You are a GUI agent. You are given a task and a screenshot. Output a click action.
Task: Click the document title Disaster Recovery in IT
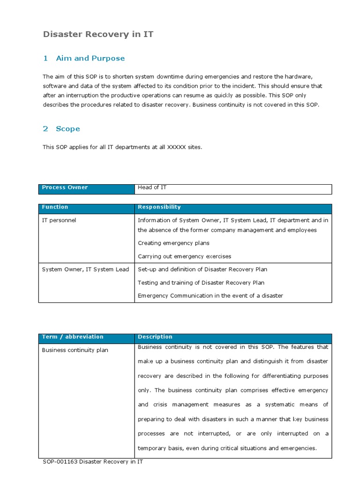tap(98, 34)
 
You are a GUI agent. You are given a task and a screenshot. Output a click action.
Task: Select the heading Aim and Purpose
tap(90, 58)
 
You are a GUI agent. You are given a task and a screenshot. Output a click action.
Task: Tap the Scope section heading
tap(68, 128)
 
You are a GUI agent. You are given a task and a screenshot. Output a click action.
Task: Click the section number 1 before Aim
tap(45, 58)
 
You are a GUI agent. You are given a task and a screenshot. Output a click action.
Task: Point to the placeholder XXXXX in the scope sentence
tap(176, 147)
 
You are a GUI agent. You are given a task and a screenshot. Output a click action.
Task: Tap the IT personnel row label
tap(59, 220)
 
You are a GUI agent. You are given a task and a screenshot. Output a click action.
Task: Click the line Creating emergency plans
tap(173, 243)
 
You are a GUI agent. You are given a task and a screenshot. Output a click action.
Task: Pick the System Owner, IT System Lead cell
tap(85, 270)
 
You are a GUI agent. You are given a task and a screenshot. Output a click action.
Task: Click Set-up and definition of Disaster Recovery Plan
tap(202, 270)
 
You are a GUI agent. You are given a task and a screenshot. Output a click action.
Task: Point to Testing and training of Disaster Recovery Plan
tap(201, 283)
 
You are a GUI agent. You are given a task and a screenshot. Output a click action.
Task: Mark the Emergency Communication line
tap(210, 296)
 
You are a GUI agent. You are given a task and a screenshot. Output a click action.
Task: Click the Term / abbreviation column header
tap(73, 337)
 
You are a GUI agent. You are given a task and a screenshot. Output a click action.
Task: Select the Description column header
tap(155, 337)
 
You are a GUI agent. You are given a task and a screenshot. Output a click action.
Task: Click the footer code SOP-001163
tap(60, 462)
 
